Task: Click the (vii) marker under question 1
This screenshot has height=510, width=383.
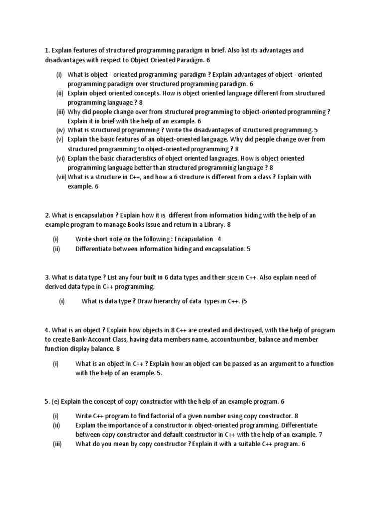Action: [61, 177]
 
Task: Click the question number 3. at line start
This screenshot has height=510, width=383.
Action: [48, 277]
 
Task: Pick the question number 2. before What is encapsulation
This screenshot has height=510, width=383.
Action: [48, 215]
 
